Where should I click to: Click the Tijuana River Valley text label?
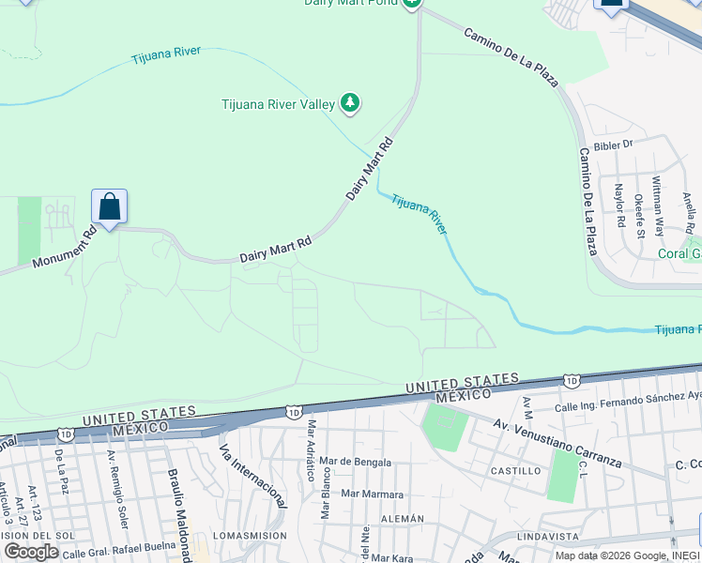(x=278, y=104)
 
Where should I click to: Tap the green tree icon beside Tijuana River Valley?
(x=350, y=102)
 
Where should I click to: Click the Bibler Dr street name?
(x=615, y=145)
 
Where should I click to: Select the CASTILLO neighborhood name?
(x=515, y=471)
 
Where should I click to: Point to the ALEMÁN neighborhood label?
(x=403, y=519)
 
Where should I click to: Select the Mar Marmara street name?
(x=372, y=494)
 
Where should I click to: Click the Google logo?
(x=31, y=552)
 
